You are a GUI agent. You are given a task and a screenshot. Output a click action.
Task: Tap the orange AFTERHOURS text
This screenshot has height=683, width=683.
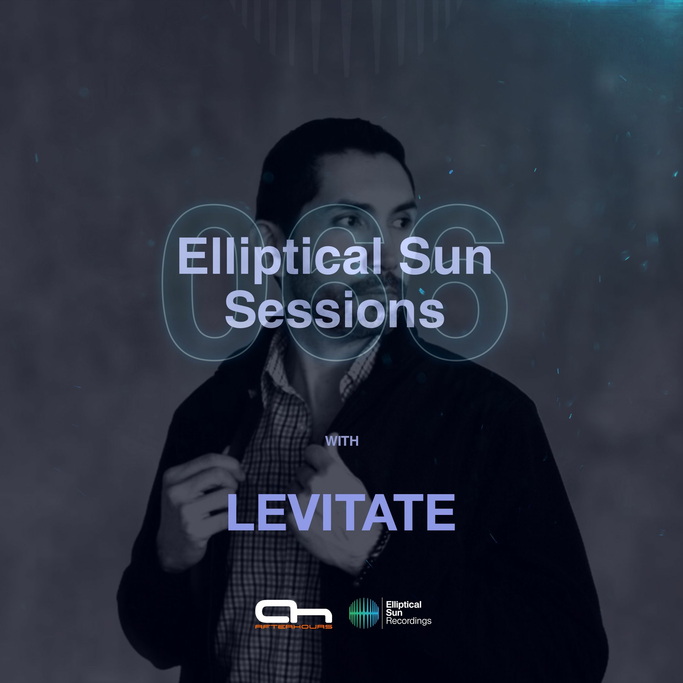click(x=293, y=627)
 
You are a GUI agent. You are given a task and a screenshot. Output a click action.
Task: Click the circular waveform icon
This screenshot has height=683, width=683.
click(x=364, y=613)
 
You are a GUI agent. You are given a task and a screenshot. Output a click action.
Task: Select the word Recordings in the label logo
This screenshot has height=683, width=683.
click(x=409, y=621)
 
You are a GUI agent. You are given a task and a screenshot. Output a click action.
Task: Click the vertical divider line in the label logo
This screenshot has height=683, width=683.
click(x=382, y=613)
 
